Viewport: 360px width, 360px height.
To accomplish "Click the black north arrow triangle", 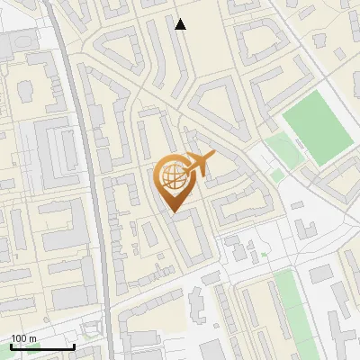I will click(x=181, y=24).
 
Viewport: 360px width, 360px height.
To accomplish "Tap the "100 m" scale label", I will click(x=23, y=337).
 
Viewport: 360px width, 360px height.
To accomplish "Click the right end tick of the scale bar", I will click(x=74, y=345).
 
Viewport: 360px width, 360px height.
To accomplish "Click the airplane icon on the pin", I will click(x=197, y=165).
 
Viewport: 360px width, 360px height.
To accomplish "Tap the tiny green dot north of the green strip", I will click(x=265, y=255).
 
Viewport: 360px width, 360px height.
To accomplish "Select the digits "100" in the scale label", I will click(x=19, y=337).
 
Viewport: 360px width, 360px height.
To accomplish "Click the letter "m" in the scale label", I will click(x=32, y=337).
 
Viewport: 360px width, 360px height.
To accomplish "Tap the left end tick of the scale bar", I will click(x=11, y=345).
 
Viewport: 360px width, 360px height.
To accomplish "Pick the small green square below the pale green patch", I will click(x=277, y=175).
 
